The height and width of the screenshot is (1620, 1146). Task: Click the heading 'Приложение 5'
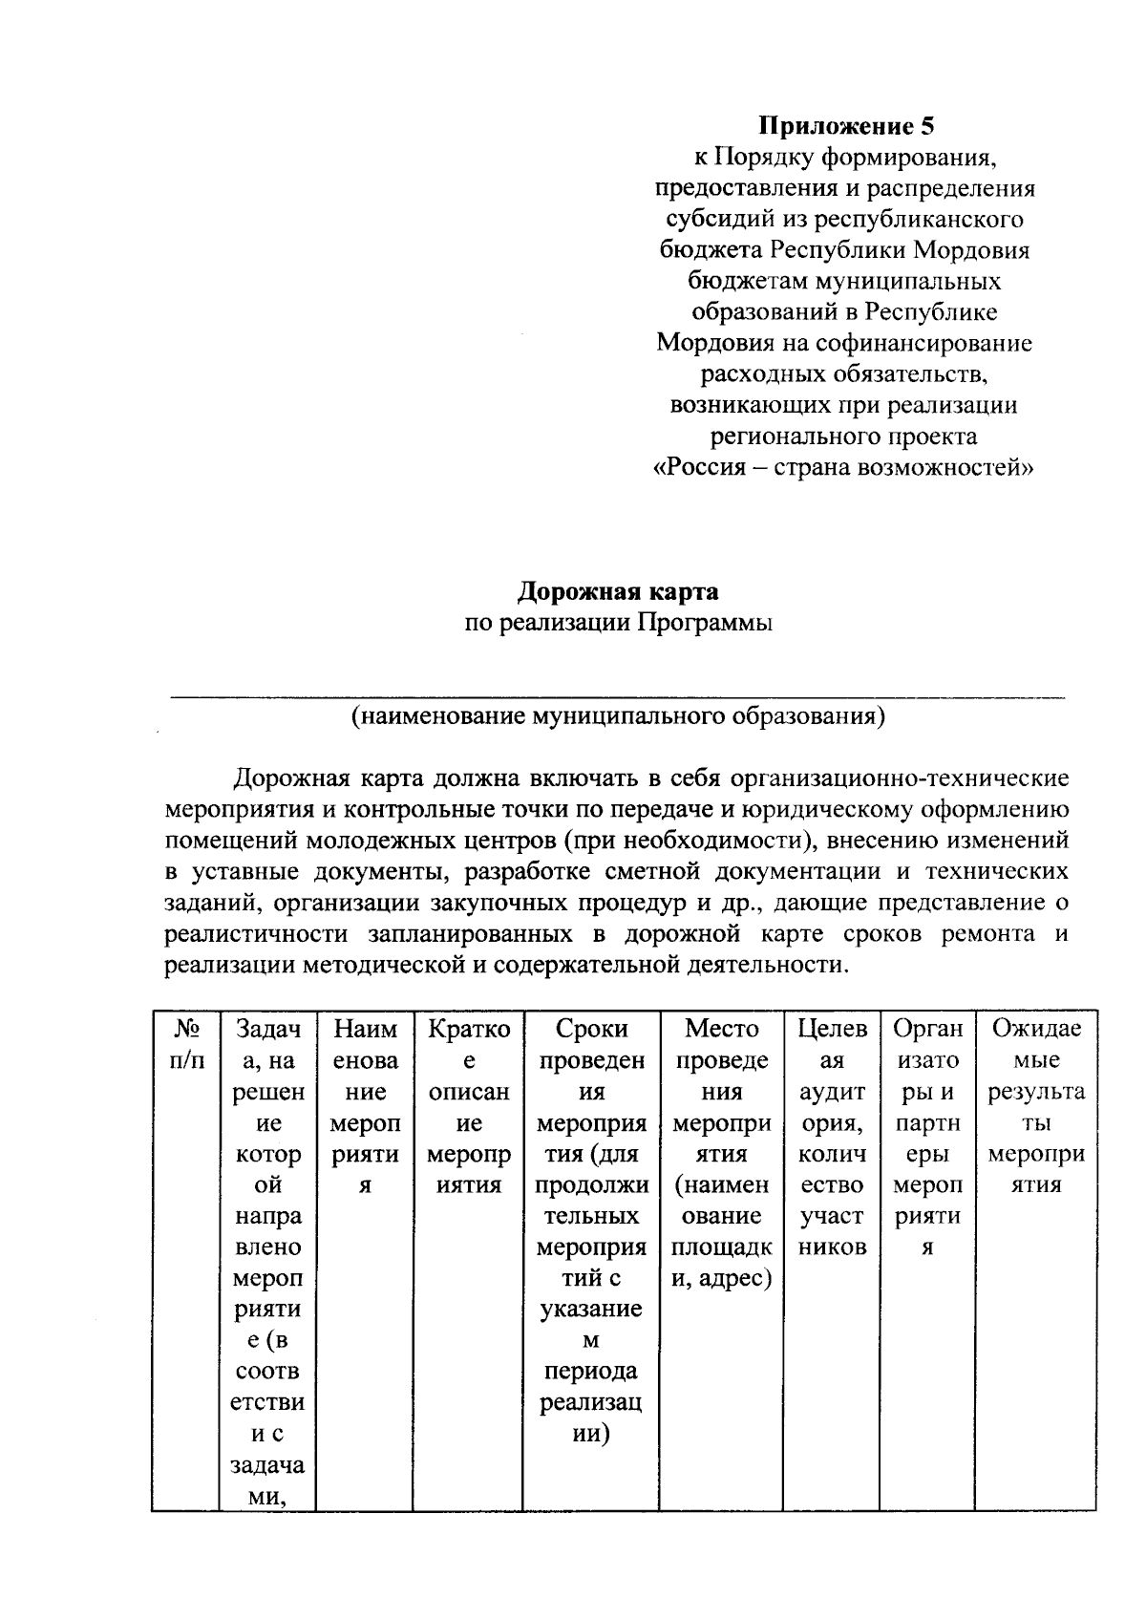coord(845,125)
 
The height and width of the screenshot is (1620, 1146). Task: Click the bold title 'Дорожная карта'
coord(618,591)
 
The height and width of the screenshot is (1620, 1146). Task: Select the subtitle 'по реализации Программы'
coord(618,623)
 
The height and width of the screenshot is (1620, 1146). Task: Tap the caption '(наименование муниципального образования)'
coord(618,715)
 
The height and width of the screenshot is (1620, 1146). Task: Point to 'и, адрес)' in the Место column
coord(721,1277)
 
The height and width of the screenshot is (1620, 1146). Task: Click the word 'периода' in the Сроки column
coord(591,1371)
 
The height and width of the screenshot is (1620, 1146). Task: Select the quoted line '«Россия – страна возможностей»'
coord(845,468)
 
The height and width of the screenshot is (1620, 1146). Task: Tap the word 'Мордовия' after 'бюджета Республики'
coord(972,250)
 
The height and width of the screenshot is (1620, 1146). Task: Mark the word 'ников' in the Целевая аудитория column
coord(832,1247)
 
